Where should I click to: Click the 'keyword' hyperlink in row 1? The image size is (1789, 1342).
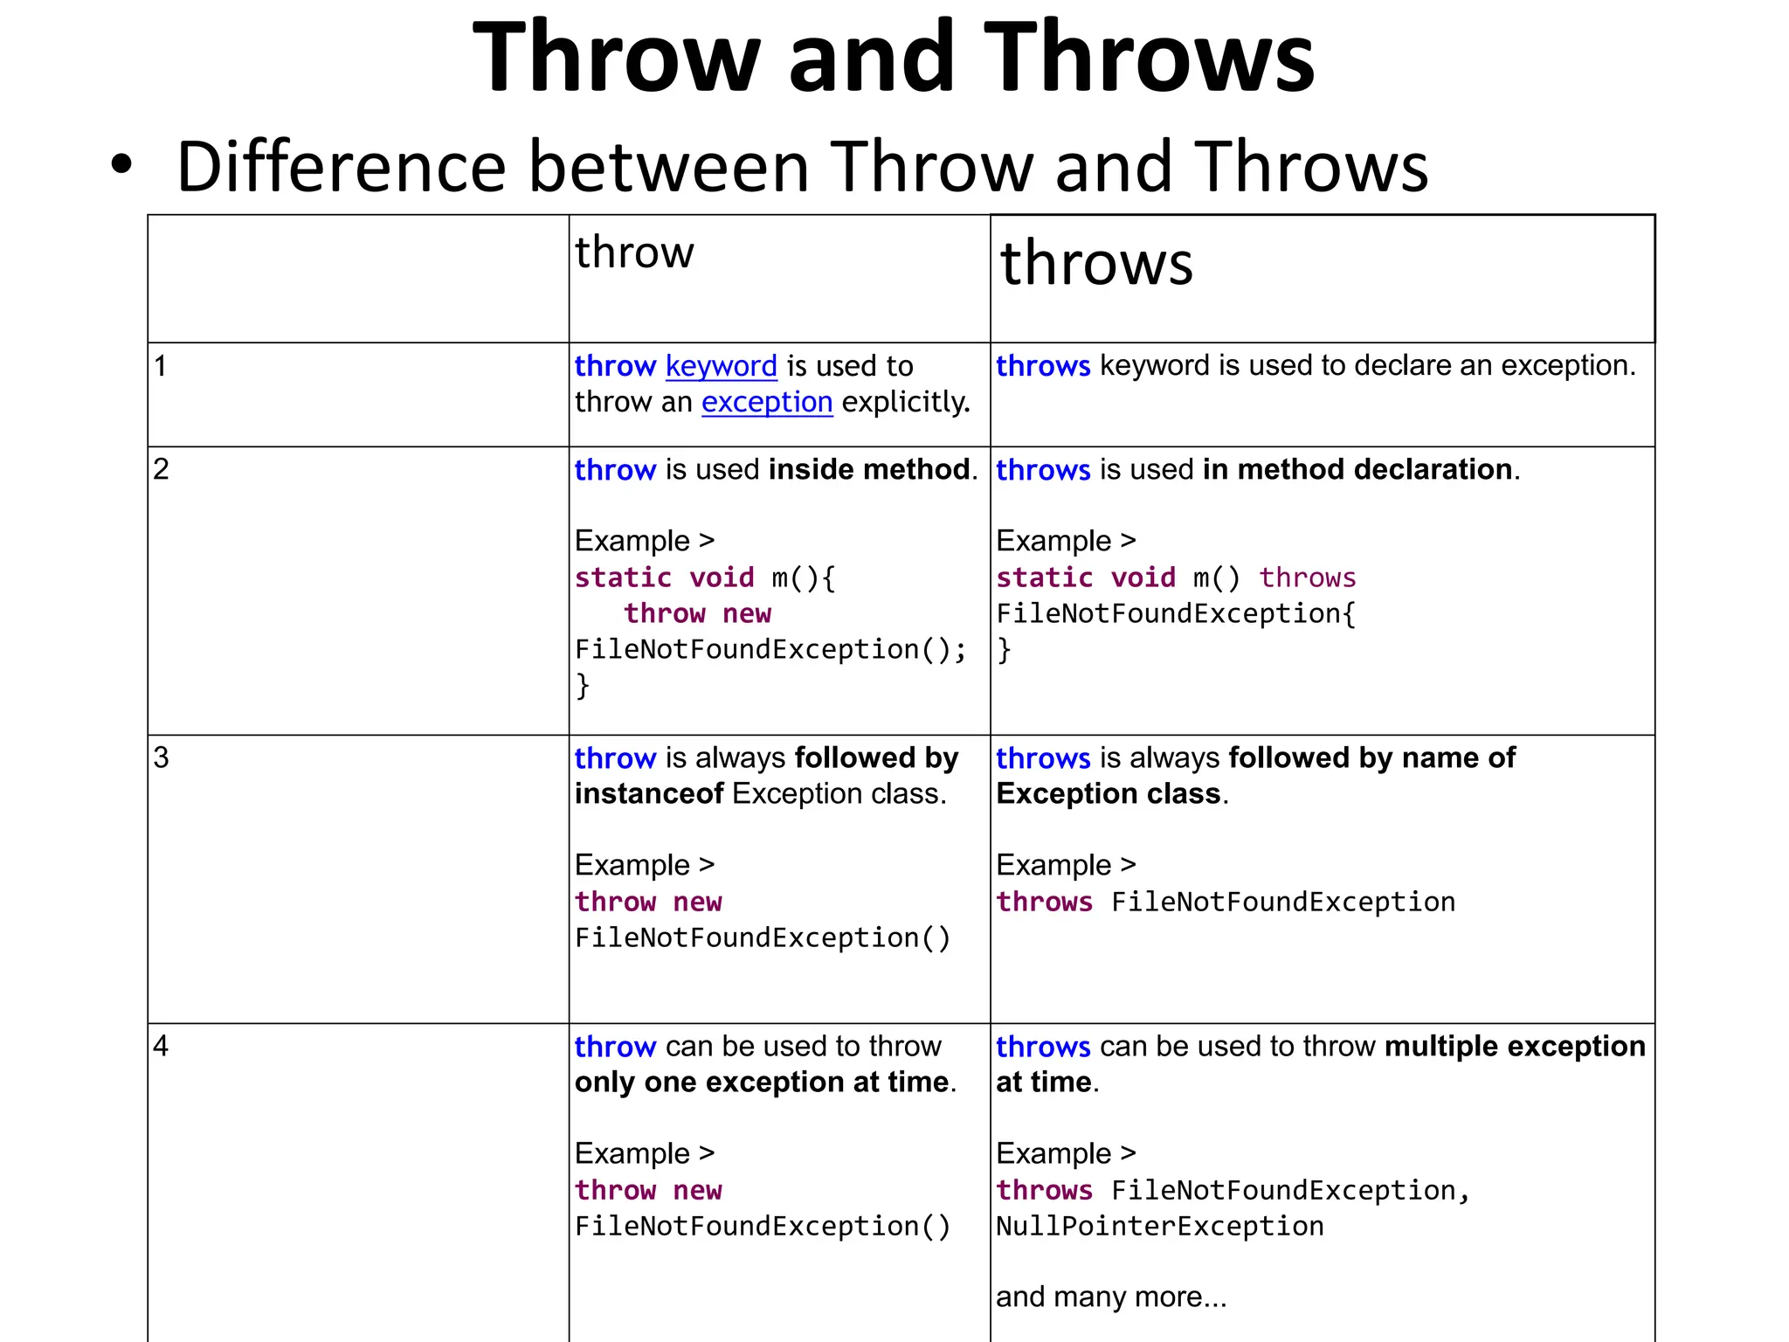tap(721, 366)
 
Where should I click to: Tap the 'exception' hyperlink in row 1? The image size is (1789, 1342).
tap(766, 402)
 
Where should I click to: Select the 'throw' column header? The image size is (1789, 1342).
tap(634, 252)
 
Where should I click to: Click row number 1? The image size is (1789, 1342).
tap(160, 366)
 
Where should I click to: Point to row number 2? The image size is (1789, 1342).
tap(161, 469)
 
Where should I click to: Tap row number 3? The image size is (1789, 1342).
tap(161, 757)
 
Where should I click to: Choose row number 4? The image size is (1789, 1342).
tap(161, 1046)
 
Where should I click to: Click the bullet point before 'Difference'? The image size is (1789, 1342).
tap(121, 164)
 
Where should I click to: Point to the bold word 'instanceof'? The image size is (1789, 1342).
tap(648, 793)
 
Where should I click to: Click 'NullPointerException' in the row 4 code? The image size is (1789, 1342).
tap(1159, 1227)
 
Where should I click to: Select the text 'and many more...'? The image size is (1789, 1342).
tap(1110, 1297)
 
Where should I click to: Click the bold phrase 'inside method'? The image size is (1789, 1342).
tap(869, 469)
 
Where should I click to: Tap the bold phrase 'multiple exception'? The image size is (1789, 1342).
tap(1514, 1046)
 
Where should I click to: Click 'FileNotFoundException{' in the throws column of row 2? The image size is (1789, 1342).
tap(1176, 613)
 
